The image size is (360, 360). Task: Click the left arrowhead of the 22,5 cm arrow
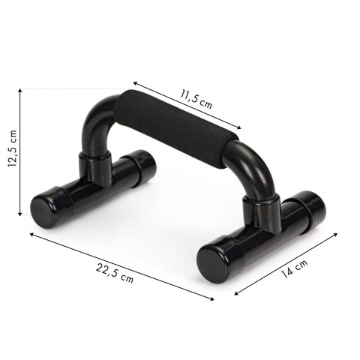point(32,234)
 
